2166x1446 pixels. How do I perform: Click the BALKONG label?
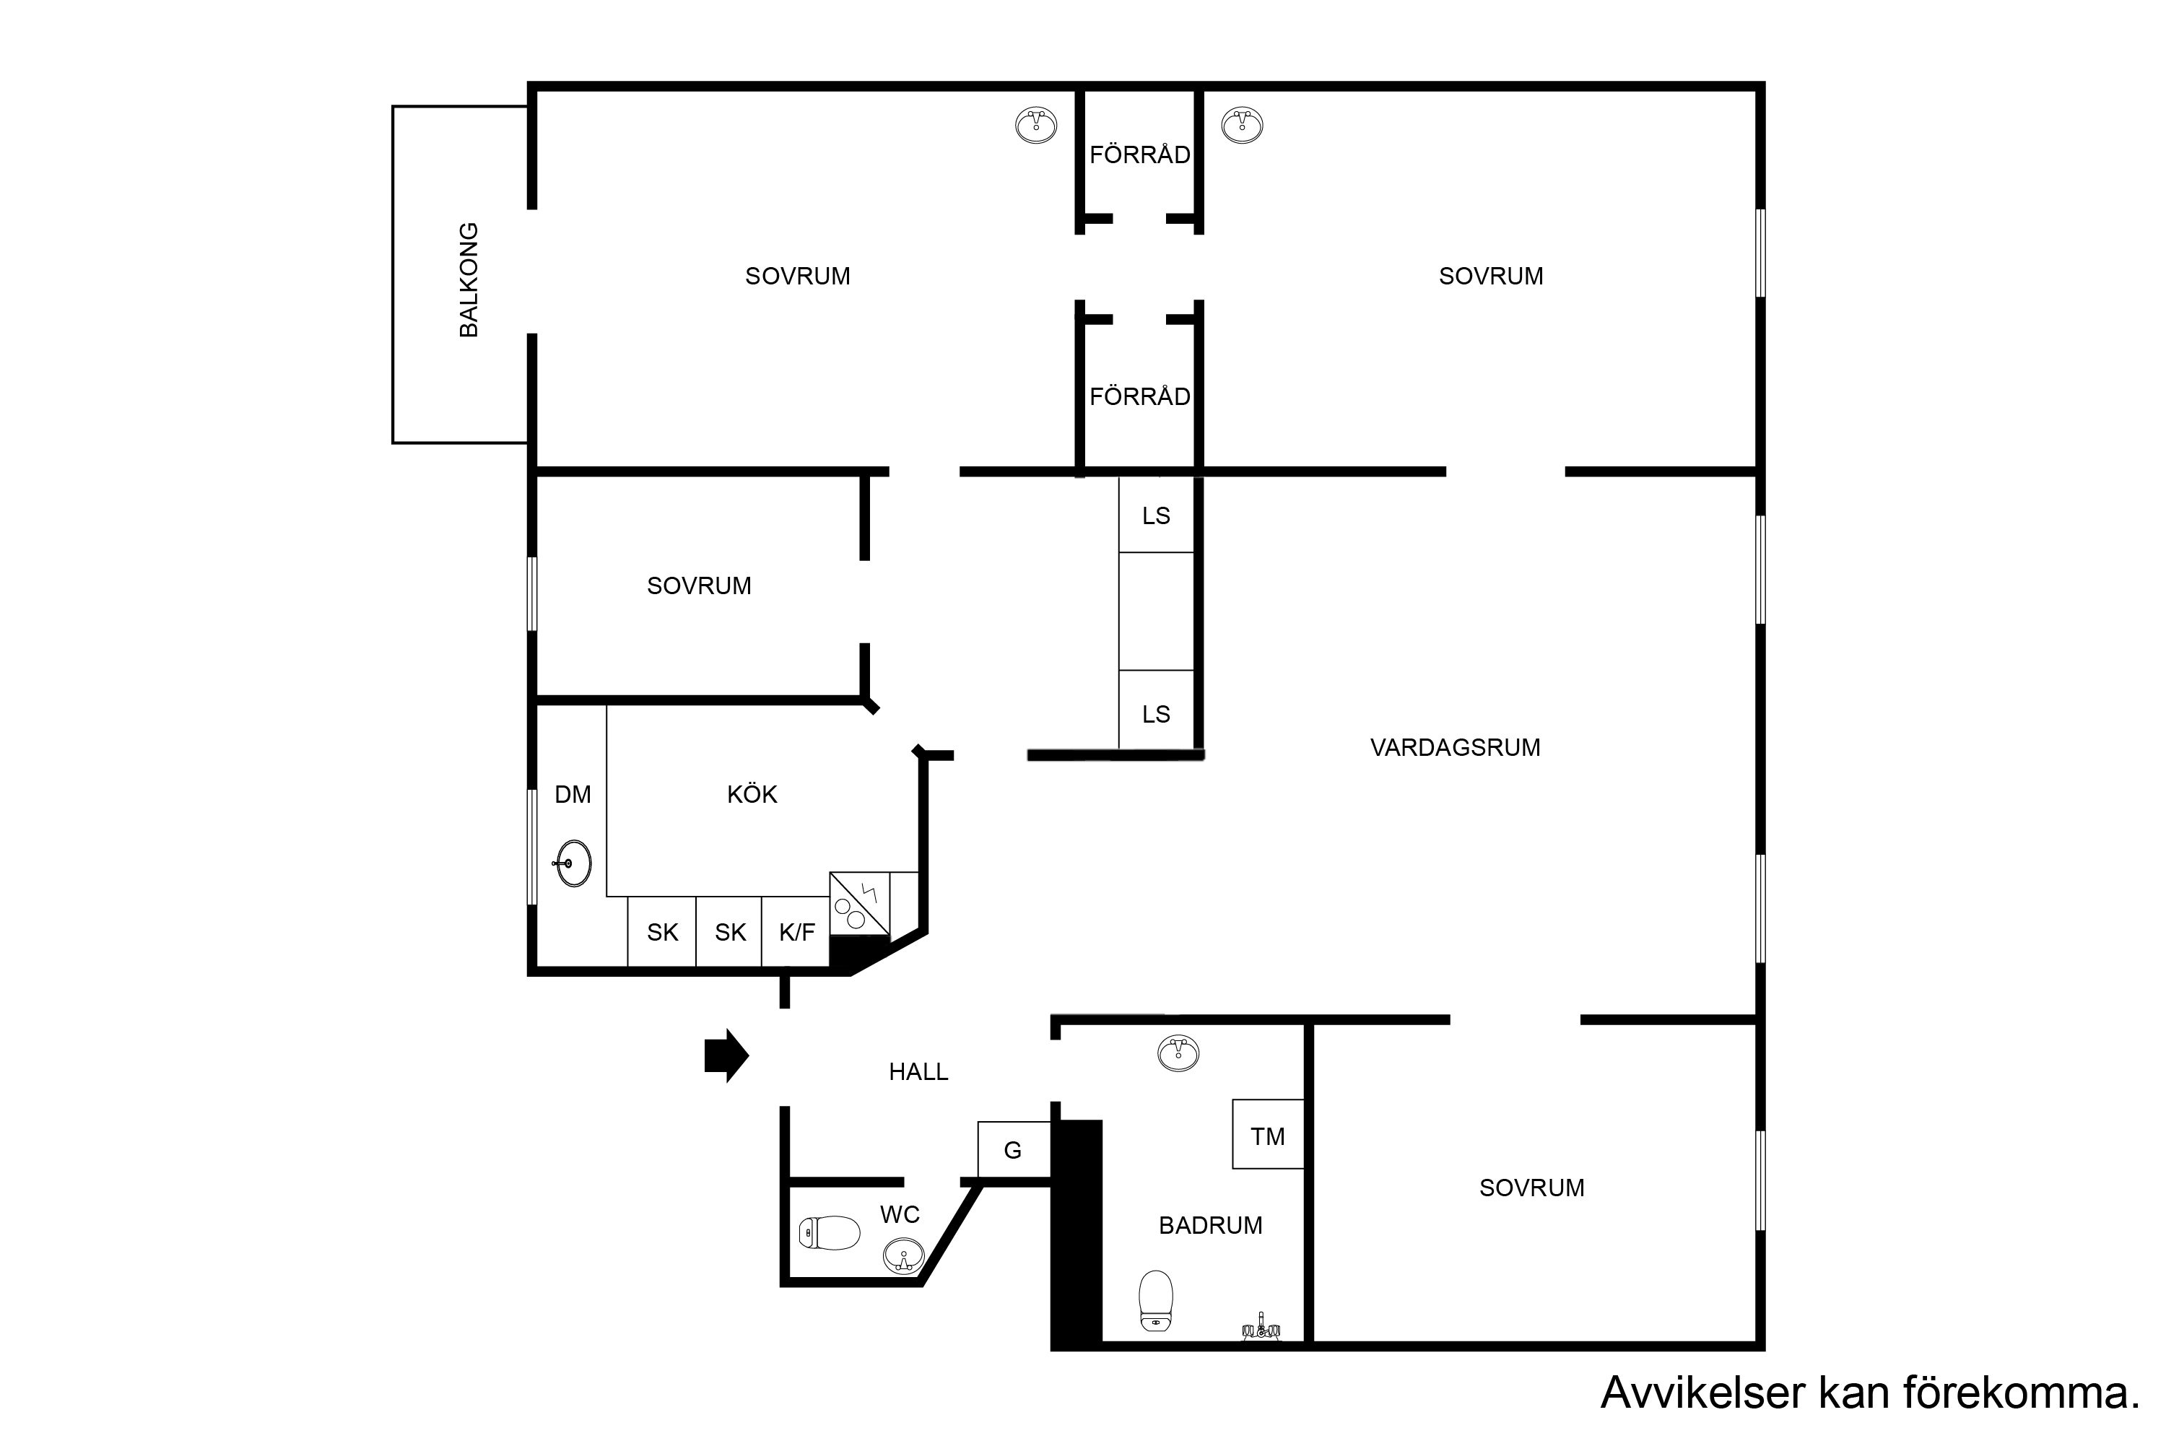(x=469, y=279)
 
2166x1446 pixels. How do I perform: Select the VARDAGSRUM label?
(x=1455, y=747)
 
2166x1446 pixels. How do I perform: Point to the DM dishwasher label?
(x=573, y=794)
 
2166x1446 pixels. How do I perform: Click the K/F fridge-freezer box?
(x=796, y=931)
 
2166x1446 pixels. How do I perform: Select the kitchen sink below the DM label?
(x=573, y=863)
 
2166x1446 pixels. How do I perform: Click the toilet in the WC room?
(x=829, y=1233)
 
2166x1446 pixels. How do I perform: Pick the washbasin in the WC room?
(x=904, y=1257)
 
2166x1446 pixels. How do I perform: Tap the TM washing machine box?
(x=1268, y=1133)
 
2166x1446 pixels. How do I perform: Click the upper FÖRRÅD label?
(x=1140, y=155)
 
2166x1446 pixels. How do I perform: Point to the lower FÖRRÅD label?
(x=1140, y=396)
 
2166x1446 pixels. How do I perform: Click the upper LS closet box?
(x=1157, y=515)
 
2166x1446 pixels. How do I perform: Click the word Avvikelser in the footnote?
(x=1701, y=1393)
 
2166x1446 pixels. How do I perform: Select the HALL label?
(x=918, y=1071)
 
